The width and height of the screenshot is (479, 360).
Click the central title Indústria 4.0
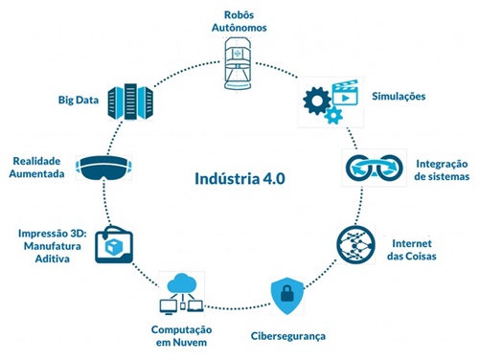point(239,178)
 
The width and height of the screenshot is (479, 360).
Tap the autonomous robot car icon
point(238,63)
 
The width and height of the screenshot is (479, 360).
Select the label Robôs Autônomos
point(239,21)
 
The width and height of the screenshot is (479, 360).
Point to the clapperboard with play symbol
point(345,92)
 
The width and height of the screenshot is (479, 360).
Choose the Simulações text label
point(399,97)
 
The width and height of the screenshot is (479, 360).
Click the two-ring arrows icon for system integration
point(375,168)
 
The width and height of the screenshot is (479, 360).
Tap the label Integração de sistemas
point(442,170)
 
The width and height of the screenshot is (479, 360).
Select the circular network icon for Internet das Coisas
point(355,245)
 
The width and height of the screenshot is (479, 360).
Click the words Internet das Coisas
point(412,250)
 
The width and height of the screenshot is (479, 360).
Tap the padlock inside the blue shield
point(287,294)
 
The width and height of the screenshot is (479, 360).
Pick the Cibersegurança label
point(288,336)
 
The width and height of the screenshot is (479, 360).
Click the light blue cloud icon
point(182,282)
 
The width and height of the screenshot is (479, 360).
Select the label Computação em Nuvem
point(181,336)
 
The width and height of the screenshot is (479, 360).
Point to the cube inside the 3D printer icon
point(114,247)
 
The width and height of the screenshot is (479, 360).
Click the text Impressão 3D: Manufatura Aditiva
point(53,246)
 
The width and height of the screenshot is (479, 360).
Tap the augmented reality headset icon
point(103,168)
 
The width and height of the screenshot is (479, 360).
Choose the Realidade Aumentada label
point(36,167)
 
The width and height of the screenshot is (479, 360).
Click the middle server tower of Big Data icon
point(130,101)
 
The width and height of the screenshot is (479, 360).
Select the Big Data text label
point(79,100)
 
